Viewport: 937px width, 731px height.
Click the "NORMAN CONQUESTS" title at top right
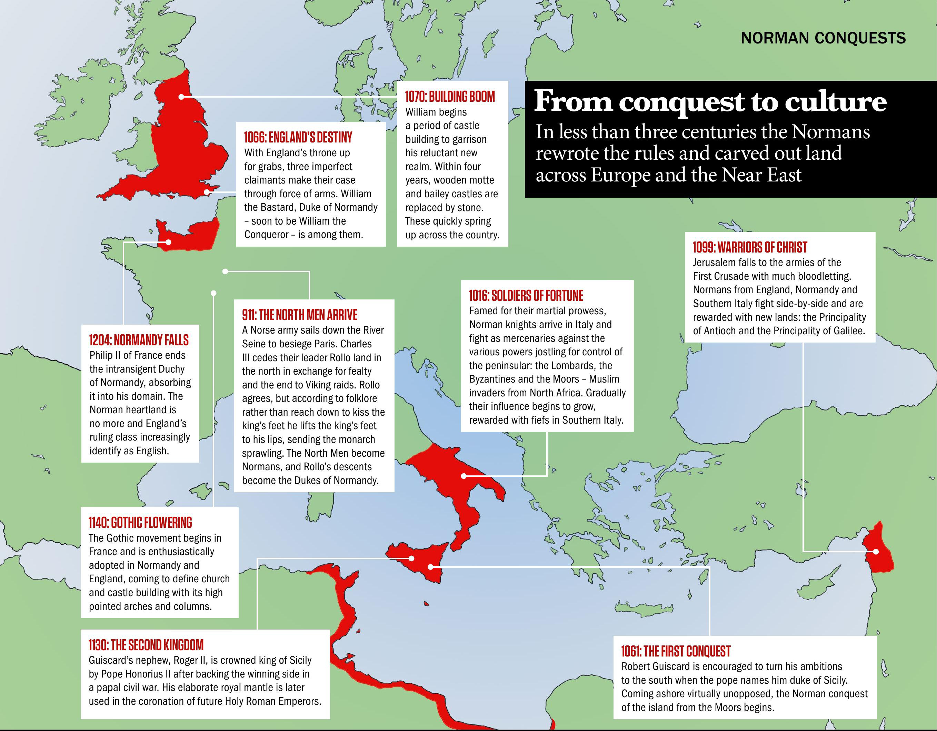823,38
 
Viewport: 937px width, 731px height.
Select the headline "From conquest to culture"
710,102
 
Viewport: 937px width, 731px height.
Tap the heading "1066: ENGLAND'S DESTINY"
298,137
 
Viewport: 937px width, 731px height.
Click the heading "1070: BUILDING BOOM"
450,97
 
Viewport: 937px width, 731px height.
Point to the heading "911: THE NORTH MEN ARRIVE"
299,315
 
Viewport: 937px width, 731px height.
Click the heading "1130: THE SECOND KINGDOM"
146,645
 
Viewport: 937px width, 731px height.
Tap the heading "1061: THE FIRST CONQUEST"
675,651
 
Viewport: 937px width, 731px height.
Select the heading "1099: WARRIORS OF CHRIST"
749,247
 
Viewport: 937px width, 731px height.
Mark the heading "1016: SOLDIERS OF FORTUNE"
526,296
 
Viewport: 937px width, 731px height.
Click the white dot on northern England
181,97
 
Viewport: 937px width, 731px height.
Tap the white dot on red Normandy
168,243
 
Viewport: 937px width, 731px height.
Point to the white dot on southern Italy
464,476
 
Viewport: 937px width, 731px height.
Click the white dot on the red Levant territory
876,552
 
